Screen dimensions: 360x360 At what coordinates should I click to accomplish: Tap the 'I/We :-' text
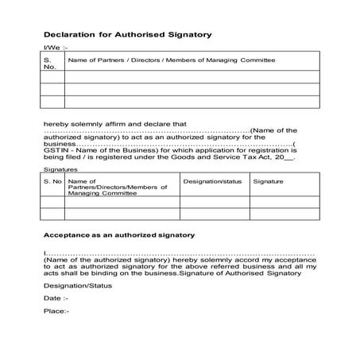54,48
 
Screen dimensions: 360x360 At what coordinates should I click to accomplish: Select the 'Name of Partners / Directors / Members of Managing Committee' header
172,60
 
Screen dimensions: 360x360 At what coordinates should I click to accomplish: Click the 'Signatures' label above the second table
60,170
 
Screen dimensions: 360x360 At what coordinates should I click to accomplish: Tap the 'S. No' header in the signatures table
52,181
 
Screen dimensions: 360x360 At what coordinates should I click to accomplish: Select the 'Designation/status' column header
212,181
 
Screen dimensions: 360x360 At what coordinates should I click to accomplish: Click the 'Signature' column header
268,181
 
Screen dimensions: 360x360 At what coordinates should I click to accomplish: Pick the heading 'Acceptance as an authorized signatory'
118,235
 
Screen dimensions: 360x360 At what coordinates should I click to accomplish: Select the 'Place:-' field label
56,311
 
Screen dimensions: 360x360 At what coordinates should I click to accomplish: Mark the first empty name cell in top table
192,76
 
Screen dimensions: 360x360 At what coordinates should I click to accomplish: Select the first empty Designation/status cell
214,202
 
